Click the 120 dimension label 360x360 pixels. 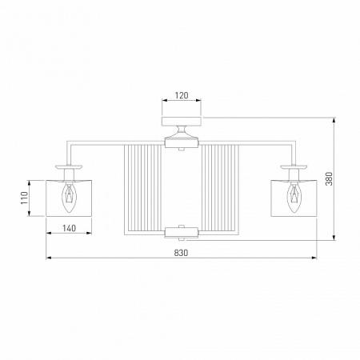click(182, 95)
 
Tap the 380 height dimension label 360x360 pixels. click(330, 178)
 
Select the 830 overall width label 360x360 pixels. click(181, 253)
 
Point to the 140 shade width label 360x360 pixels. click(69, 228)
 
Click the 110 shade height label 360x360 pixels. click(24, 198)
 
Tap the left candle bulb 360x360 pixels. click(69, 197)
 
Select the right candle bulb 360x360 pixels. click(294, 197)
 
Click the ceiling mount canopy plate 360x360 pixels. click(182, 121)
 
